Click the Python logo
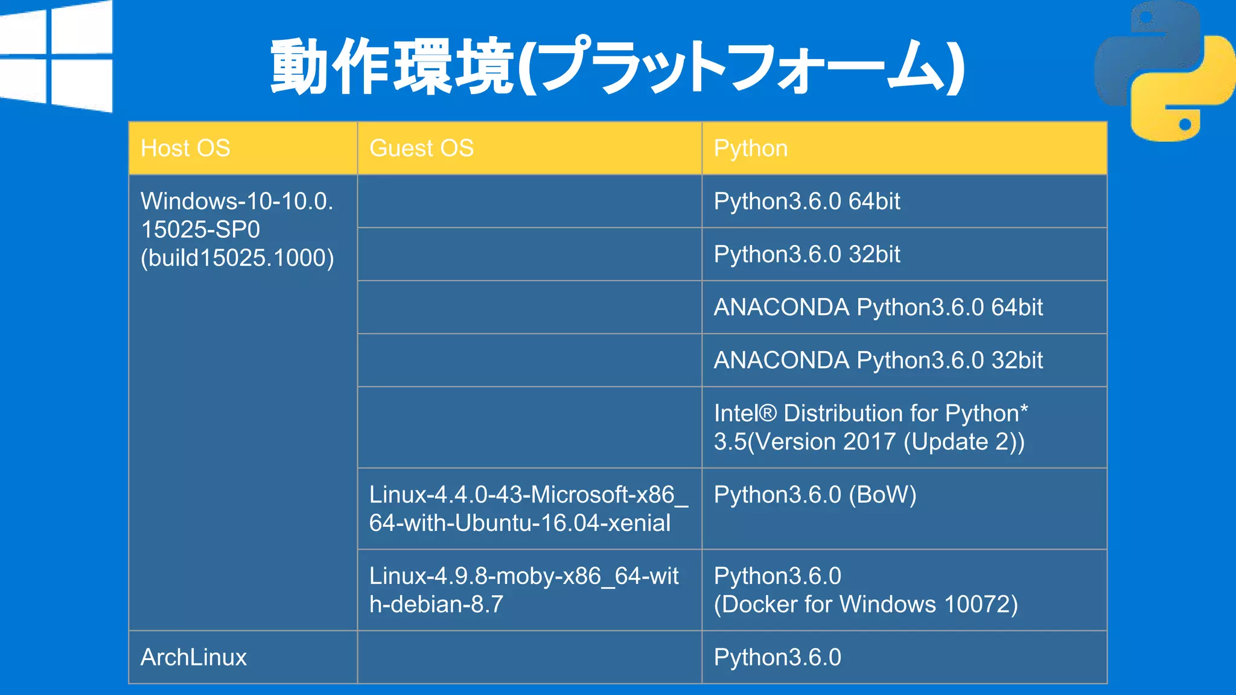1164,71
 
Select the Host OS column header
185,148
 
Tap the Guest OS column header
421,148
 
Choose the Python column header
750,148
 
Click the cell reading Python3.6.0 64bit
806,202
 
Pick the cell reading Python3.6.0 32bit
806,255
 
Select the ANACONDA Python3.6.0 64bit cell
878,308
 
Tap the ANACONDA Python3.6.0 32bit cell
878,361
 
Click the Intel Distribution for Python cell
870,427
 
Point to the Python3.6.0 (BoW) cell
815,495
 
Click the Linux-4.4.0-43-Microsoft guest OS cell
527,509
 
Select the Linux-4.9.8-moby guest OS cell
524,590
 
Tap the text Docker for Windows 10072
865,605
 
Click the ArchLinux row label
194,658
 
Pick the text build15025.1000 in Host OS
237,258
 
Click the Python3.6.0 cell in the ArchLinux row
777,658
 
